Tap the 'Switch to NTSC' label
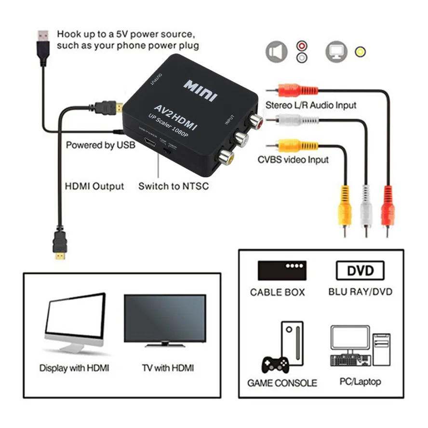(x=174, y=186)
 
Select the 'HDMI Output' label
(x=94, y=186)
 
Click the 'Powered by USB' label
(x=100, y=145)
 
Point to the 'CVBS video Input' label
(x=293, y=160)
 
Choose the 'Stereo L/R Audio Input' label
(x=311, y=105)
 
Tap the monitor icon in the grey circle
(x=336, y=52)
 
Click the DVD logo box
(x=360, y=270)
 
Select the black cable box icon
(x=282, y=270)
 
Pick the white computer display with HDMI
(x=75, y=321)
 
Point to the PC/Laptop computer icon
(x=360, y=346)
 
